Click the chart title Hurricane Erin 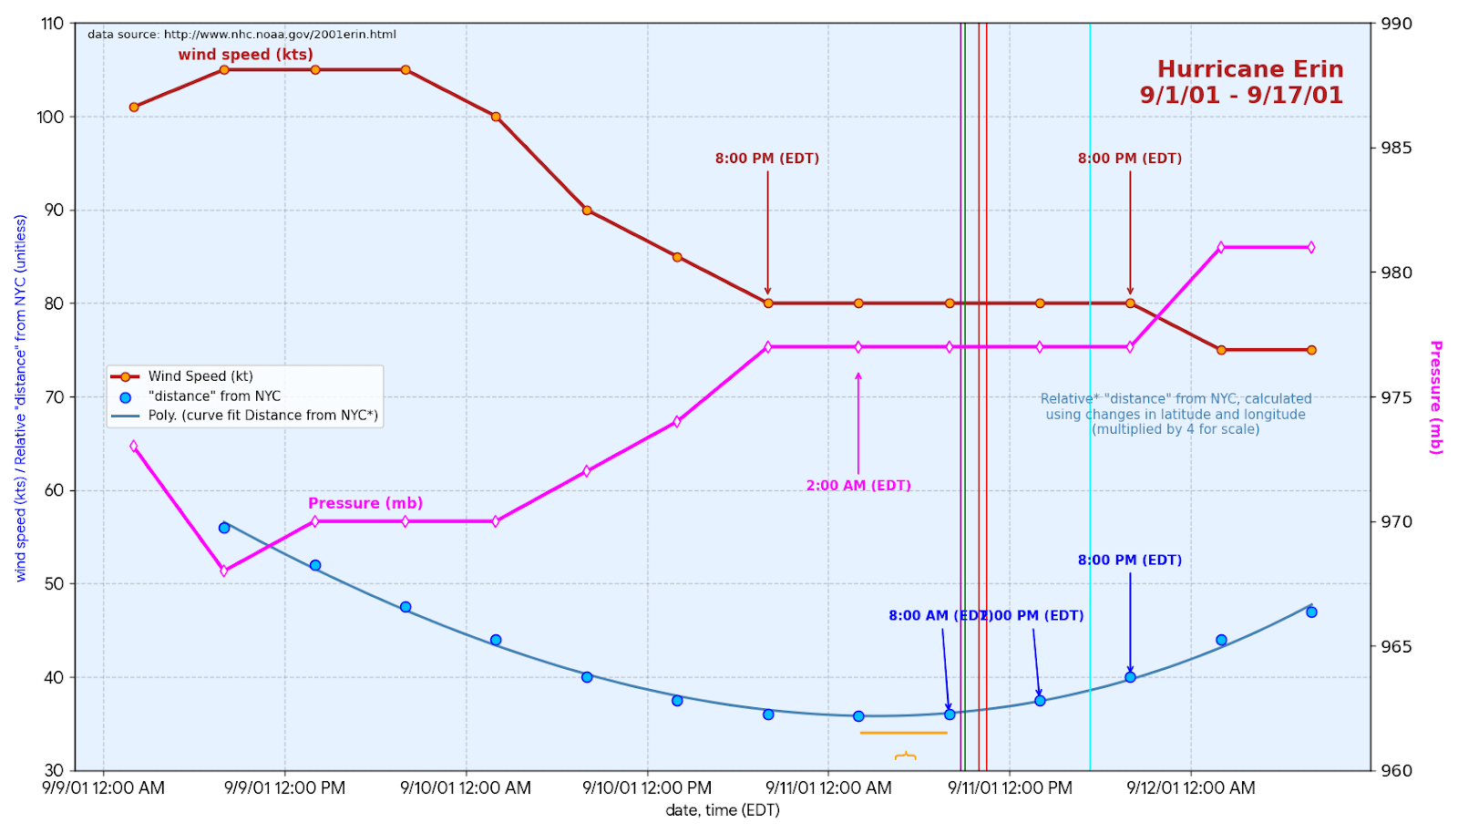click(1249, 70)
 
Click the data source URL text click(241, 35)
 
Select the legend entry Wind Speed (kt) click(200, 376)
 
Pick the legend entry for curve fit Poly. click(262, 416)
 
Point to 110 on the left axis click(52, 24)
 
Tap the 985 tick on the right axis click(1396, 149)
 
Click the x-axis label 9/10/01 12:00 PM click(647, 788)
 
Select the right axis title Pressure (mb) click(1435, 397)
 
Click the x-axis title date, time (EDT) click(723, 810)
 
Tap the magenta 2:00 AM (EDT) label click(858, 486)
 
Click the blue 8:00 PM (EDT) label click(1130, 560)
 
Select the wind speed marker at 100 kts click(496, 117)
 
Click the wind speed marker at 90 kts click(587, 211)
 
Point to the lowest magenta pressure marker click(224, 571)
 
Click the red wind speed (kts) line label click(245, 55)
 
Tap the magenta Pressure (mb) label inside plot click(365, 503)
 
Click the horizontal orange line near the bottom click(903, 733)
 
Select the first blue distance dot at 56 click(224, 528)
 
